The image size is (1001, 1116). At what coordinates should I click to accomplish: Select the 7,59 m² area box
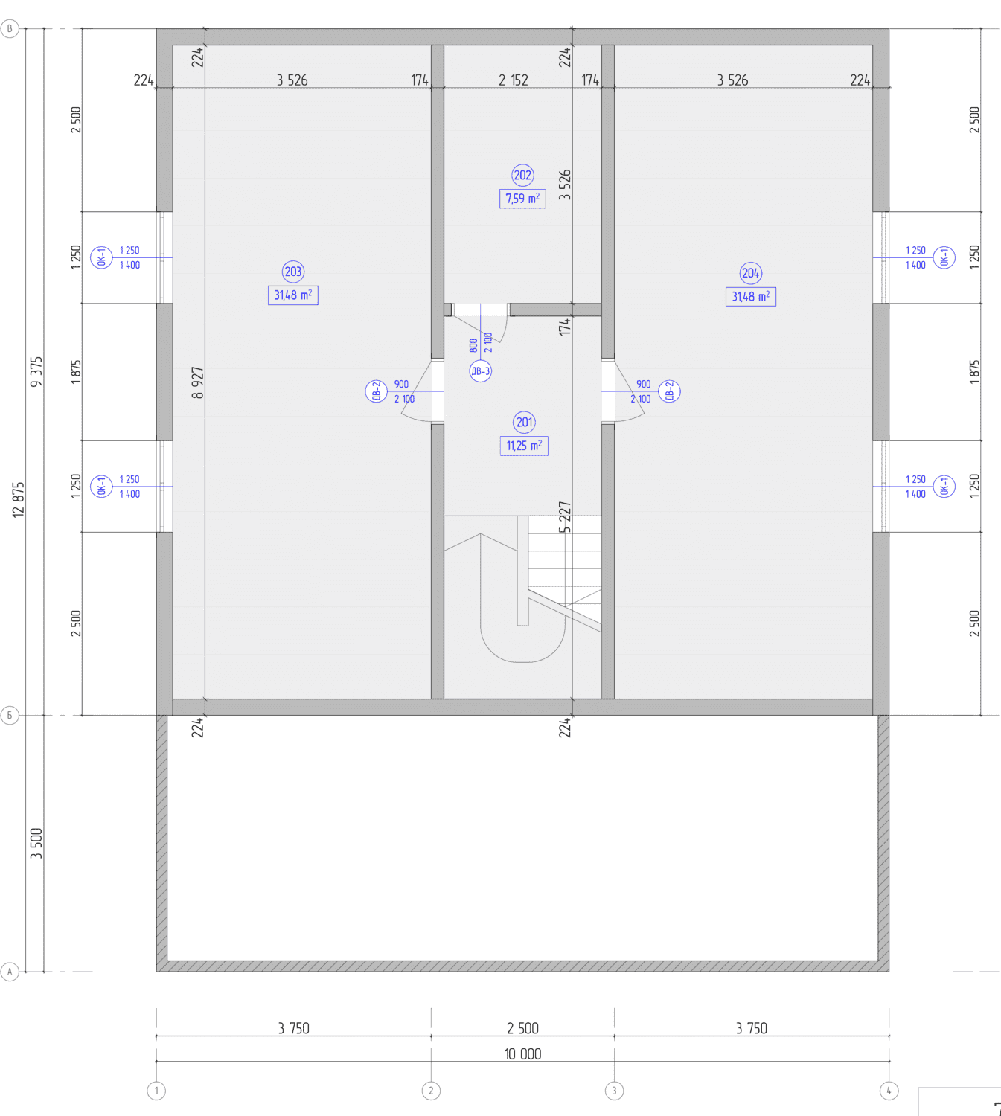(522, 199)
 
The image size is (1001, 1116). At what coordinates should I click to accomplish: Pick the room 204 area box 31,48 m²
(751, 297)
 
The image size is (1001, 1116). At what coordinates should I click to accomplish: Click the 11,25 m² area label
(524, 446)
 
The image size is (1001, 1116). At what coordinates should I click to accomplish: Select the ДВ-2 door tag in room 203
(377, 391)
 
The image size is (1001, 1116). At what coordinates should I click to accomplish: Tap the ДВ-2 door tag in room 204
(669, 391)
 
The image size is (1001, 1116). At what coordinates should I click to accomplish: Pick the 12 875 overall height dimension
(19, 500)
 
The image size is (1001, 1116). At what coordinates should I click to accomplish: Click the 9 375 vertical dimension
(36, 372)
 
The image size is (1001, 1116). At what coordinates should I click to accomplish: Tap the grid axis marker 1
(156, 1091)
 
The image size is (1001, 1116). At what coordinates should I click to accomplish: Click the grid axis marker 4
(889, 1091)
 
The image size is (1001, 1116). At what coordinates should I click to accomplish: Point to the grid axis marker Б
(10, 716)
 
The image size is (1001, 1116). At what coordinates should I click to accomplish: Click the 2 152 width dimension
(514, 80)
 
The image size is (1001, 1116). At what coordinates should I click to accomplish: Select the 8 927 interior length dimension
(197, 383)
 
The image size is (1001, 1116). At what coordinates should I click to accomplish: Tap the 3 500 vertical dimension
(36, 844)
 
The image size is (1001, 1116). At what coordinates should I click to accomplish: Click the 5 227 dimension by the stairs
(564, 517)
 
